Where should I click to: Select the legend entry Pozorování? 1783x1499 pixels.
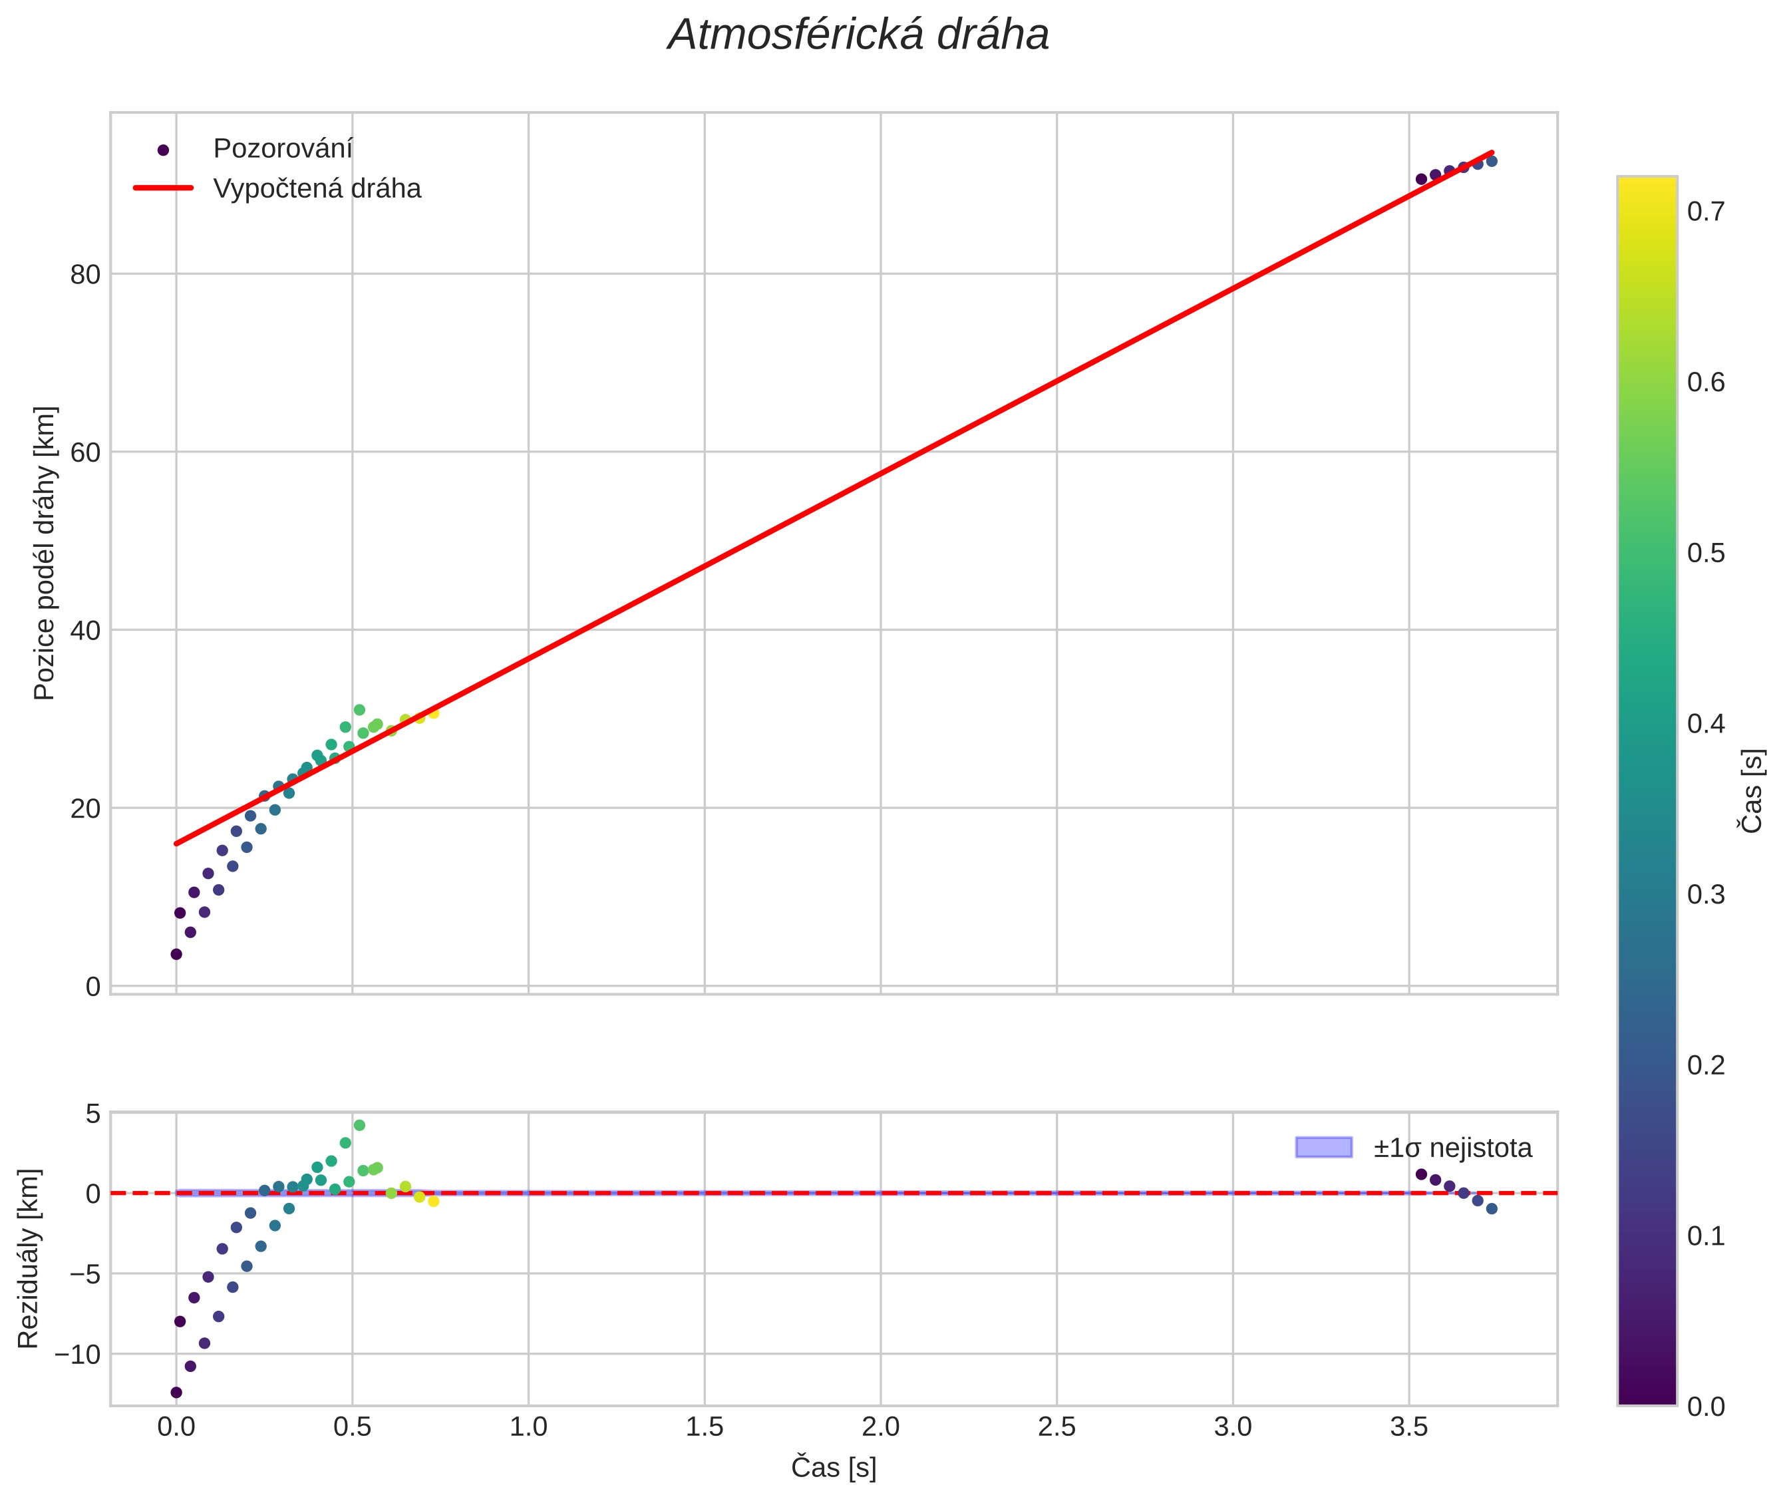tap(282, 149)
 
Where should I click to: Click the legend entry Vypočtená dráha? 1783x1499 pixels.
tap(316, 189)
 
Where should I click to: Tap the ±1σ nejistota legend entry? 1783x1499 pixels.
tap(1452, 1148)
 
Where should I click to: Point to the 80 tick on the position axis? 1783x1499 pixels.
tap(86, 275)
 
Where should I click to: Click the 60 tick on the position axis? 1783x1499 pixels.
tap(86, 452)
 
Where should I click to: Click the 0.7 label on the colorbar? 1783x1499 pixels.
tap(1706, 212)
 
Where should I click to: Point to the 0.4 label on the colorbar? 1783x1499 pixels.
tap(1706, 724)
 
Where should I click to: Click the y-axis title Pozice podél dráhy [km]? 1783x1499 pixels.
tap(44, 553)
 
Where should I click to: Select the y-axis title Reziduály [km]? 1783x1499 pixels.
tap(28, 1259)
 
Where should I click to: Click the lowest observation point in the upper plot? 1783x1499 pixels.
tap(176, 954)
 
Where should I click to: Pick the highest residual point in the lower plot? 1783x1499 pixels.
tap(359, 1125)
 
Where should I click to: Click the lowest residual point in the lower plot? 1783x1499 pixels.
tap(176, 1393)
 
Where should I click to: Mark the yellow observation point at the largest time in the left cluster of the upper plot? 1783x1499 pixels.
tap(433, 713)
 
